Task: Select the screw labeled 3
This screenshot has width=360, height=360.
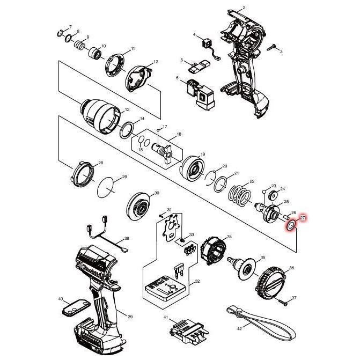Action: click(273, 48)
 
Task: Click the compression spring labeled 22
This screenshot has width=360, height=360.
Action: click(240, 194)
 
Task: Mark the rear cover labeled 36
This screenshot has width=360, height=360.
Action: click(275, 280)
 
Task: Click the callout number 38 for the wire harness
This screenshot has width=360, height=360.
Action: click(127, 238)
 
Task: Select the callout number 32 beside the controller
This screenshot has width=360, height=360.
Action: click(197, 281)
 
